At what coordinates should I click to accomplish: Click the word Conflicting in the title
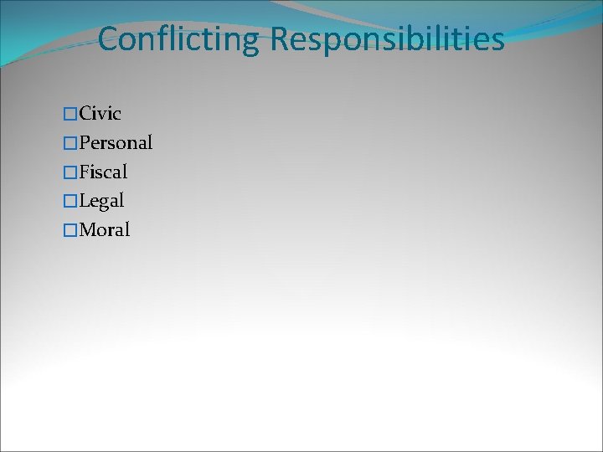coord(179,39)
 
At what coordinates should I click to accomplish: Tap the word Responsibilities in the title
coord(387,39)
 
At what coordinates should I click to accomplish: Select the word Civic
coord(100,113)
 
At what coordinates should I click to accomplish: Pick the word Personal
coord(116,142)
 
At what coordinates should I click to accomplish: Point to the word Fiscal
coord(103,172)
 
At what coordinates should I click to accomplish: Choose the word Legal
coord(101,201)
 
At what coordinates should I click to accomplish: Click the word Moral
coord(104,229)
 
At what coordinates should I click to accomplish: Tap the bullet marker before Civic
coord(70,114)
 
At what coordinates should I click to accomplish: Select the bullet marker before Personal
coord(70,143)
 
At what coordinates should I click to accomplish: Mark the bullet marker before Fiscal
coord(70,172)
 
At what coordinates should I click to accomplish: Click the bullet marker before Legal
coord(70,202)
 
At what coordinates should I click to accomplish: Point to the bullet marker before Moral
coord(70,230)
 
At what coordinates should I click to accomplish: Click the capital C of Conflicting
coord(108,39)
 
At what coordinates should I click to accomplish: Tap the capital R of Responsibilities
coord(280,39)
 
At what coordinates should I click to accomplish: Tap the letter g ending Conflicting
coord(251,43)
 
